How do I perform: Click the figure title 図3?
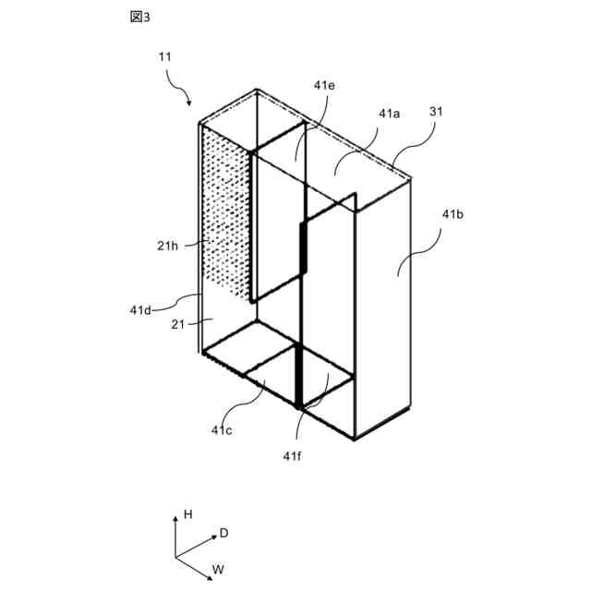click(x=140, y=19)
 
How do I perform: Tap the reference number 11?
click(x=165, y=56)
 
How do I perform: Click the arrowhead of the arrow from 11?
click(x=189, y=102)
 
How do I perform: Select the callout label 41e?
click(x=324, y=85)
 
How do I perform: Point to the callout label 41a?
click(x=389, y=114)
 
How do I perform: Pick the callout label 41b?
click(x=452, y=214)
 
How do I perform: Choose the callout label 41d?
click(x=140, y=310)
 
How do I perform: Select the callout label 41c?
click(x=222, y=429)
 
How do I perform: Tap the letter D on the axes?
click(x=223, y=533)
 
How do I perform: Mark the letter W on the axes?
click(x=218, y=569)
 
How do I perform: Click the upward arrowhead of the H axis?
click(x=175, y=520)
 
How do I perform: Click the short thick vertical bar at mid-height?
click(x=303, y=249)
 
